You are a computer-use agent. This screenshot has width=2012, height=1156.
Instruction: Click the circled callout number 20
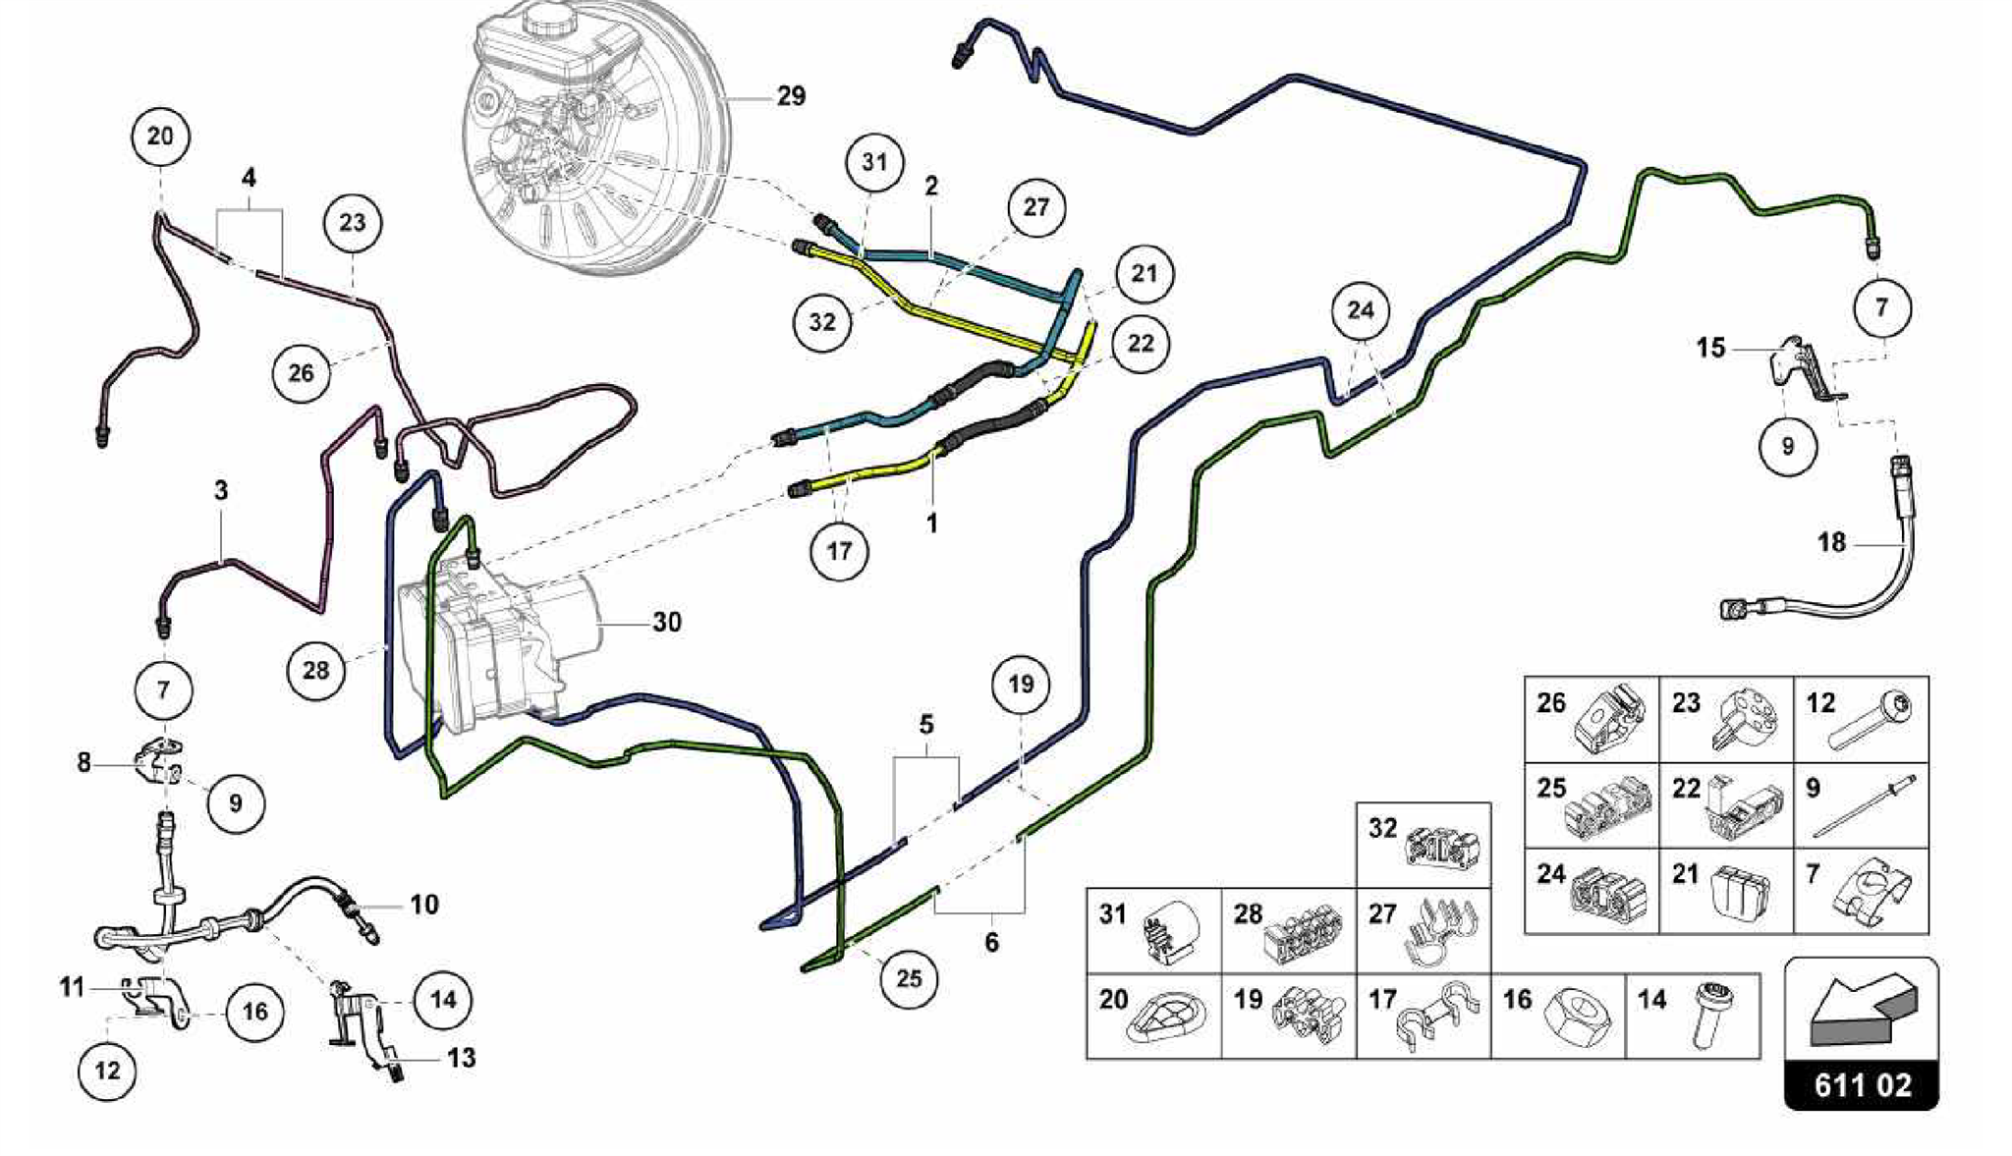pyautogui.click(x=160, y=137)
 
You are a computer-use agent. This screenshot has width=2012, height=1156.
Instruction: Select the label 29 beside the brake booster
pyautogui.click(x=791, y=96)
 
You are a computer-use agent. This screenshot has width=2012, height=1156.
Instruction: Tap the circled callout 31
pyautogui.click(x=874, y=162)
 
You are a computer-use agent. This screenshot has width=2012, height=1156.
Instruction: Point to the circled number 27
pyautogui.click(x=1035, y=207)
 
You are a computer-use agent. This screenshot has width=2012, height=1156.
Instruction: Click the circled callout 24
pyautogui.click(x=1360, y=310)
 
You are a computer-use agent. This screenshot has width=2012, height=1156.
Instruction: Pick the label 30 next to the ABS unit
pyautogui.click(x=666, y=622)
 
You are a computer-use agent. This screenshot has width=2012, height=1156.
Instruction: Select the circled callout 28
pyautogui.click(x=315, y=671)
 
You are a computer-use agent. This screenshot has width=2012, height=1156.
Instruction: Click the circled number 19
pyautogui.click(x=1021, y=684)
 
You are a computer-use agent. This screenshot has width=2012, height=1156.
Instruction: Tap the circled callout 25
pyautogui.click(x=909, y=978)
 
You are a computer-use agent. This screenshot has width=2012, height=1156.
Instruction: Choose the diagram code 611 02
pyautogui.click(x=1862, y=1085)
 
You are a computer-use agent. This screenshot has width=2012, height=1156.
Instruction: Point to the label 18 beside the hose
pyautogui.click(x=1831, y=542)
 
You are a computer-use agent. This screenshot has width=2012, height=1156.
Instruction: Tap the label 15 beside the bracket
pyautogui.click(x=1710, y=348)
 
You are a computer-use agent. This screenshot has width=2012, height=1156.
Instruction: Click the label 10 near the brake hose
pyautogui.click(x=423, y=904)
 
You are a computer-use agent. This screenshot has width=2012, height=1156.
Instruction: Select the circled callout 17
pyautogui.click(x=839, y=551)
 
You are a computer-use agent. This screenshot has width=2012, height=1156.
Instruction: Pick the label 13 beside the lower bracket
pyautogui.click(x=461, y=1058)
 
